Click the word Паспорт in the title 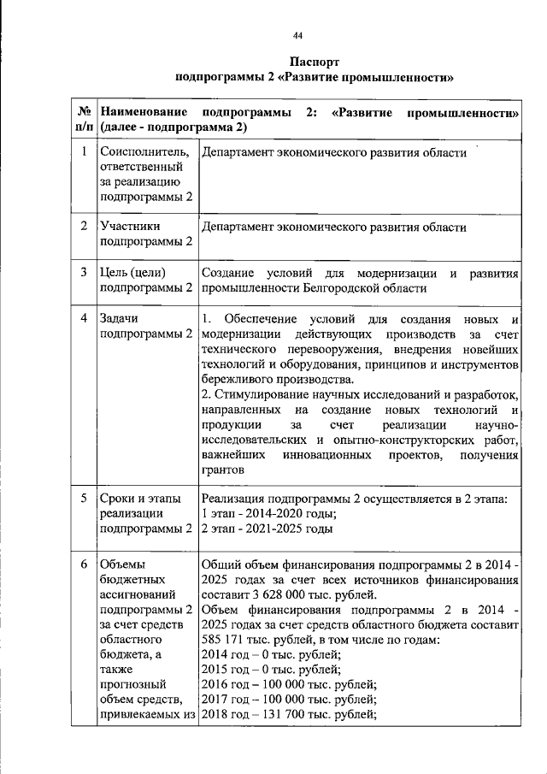314,62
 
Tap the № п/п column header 84,120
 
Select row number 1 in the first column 84,153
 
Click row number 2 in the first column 84,227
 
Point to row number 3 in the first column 84,273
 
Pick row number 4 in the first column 84,318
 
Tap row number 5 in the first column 84,499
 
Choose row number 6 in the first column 84,564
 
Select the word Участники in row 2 131,227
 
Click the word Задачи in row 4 120,318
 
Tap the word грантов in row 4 224,470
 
